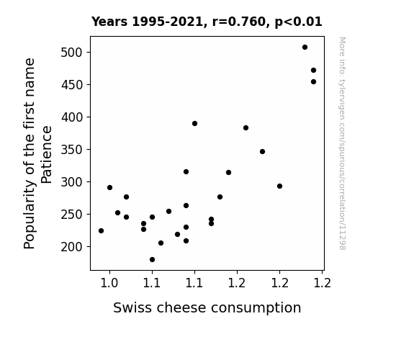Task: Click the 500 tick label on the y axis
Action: click(71, 53)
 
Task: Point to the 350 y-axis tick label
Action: click(71, 150)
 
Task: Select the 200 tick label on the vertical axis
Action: click(71, 247)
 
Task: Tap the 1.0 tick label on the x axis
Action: click(109, 283)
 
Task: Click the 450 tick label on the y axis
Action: click(71, 85)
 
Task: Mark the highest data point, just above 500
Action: click(305, 48)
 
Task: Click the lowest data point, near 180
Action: click(152, 260)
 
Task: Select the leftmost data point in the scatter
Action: click(101, 231)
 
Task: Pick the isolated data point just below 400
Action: click(194, 124)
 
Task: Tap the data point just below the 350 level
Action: click(262, 152)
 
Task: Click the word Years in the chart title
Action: click(109, 22)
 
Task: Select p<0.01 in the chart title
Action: click(298, 22)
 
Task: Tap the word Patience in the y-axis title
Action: click(47, 155)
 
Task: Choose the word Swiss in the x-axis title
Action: click(132, 307)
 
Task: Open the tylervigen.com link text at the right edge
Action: click(342, 143)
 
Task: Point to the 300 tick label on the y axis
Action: click(71, 182)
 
